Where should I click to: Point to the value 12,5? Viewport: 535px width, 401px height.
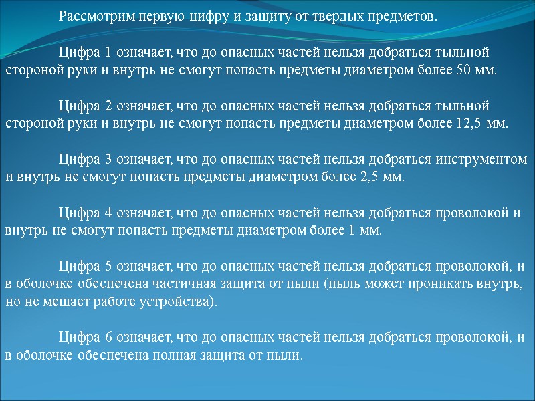(458, 123)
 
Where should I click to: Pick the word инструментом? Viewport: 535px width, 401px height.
(481, 160)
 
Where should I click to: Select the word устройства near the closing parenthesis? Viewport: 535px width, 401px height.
(180, 302)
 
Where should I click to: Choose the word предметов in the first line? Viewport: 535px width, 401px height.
(399, 16)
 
